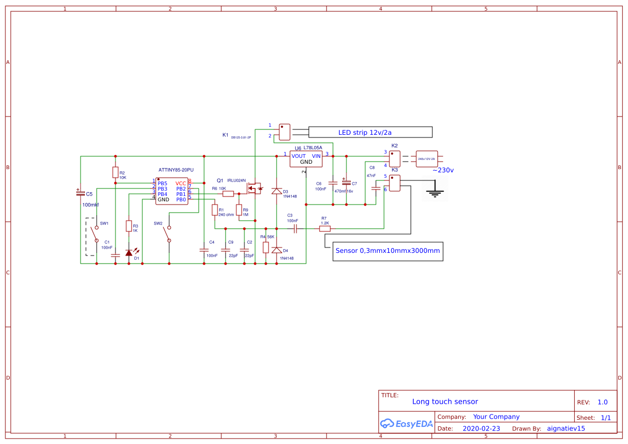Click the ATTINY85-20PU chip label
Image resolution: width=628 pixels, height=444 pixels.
[x=176, y=170]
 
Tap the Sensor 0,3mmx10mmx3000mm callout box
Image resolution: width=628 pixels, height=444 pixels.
[x=388, y=251]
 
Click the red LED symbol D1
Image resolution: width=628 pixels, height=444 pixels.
[x=129, y=252]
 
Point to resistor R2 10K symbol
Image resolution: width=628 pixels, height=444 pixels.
[x=115, y=172]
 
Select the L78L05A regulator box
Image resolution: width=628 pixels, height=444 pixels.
[x=306, y=158]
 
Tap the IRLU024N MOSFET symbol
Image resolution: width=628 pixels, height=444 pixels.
[x=253, y=188]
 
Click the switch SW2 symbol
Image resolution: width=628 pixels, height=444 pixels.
[x=169, y=232]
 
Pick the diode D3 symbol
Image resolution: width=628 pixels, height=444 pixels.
[x=277, y=191]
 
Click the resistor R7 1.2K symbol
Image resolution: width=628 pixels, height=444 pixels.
[x=324, y=229]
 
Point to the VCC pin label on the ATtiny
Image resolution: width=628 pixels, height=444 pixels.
[x=181, y=184]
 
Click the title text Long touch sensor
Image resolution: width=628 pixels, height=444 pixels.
[x=445, y=402]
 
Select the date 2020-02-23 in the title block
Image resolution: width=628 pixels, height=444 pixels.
[x=481, y=428]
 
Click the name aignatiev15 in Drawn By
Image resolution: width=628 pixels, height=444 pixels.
[x=566, y=428]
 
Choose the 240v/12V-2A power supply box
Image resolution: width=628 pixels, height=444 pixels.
[x=427, y=159]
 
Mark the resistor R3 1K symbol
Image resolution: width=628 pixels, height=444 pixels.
[x=129, y=226]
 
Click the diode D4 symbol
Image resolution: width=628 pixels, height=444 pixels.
[x=277, y=250]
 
